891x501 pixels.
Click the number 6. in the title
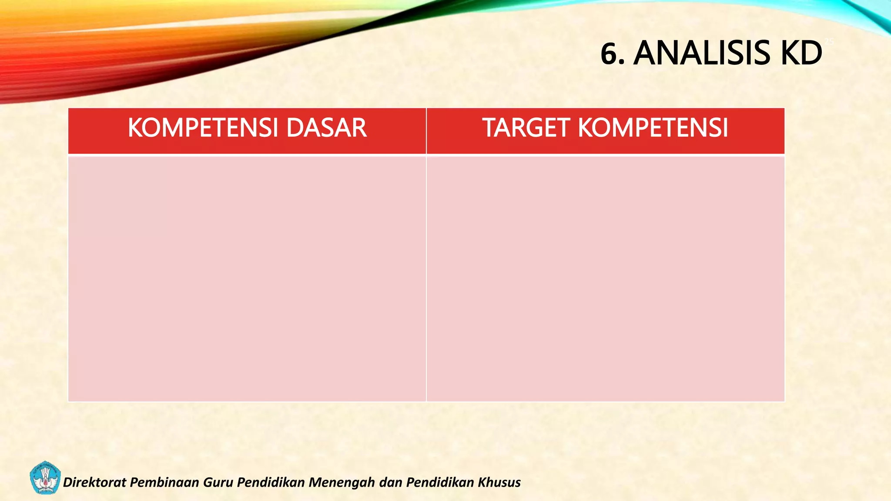tap(613, 53)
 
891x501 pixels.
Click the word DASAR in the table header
tap(326, 128)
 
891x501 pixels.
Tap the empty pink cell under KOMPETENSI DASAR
tap(247, 278)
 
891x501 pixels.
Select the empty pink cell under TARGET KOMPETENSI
tap(606, 278)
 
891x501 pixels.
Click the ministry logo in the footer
tap(45, 478)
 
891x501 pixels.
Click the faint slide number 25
tap(829, 42)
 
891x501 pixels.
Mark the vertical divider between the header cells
tap(426, 130)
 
